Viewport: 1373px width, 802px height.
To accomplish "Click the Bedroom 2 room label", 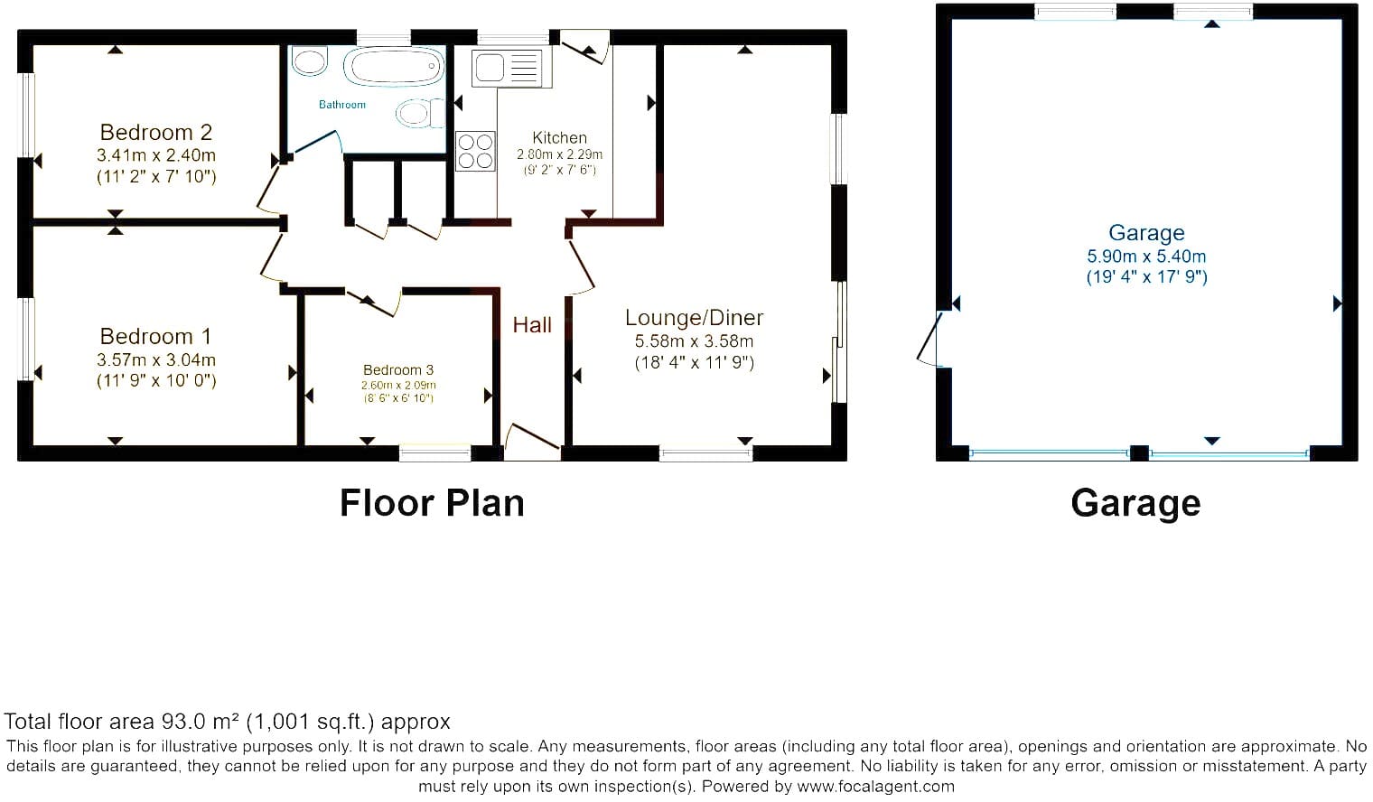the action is click(156, 133).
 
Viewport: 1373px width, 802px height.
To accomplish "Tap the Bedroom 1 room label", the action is click(155, 336).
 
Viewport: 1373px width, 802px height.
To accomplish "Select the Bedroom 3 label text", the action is click(398, 370).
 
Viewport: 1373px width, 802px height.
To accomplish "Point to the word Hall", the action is click(532, 325).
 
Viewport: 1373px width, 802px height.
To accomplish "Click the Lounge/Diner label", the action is click(695, 318).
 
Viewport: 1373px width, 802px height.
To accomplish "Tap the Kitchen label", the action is click(560, 138).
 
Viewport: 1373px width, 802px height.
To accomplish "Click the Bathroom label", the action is click(342, 105).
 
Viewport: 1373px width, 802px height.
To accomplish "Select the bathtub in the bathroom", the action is click(394, 67).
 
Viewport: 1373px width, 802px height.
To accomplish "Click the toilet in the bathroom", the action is click(421, 114).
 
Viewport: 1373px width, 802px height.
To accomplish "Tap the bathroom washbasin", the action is click(309, 61).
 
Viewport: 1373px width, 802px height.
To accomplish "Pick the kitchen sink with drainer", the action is click(507, 68).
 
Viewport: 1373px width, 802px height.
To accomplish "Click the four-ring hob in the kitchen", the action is click(475, 152).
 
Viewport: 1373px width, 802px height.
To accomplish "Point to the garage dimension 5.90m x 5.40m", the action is click(1147, 256).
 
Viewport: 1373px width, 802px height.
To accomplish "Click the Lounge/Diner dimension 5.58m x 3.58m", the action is click(695, 341).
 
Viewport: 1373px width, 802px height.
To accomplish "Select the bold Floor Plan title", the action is click(432, 504).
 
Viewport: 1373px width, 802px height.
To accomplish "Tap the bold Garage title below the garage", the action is click(1135, 504).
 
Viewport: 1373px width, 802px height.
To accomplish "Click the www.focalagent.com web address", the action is click(875, 787).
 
